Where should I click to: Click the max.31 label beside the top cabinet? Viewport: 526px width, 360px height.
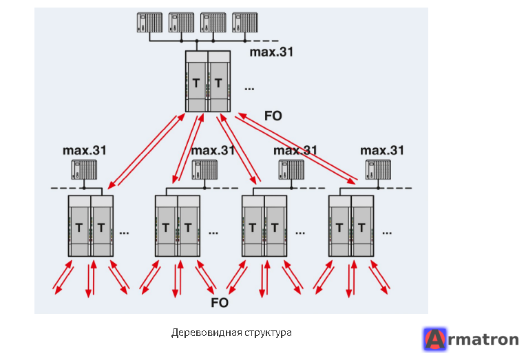(271, 52)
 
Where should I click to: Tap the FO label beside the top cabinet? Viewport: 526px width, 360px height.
(273, 116)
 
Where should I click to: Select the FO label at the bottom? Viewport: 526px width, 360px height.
(220, 303)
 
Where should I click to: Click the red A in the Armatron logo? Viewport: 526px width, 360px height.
(435, 339)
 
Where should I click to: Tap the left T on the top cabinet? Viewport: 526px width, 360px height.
(196, 83)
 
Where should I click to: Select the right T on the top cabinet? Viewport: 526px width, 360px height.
(218, 83)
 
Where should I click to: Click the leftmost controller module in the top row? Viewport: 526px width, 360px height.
(149, 23)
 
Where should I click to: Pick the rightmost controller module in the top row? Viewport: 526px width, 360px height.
(245, 23)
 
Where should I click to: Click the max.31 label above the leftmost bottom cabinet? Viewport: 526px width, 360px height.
(85, 150)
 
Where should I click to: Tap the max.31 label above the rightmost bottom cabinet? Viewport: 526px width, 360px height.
(382, 150)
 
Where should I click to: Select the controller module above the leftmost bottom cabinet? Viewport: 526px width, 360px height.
(84, 170)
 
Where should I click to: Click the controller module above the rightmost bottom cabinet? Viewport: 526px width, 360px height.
(378, 170)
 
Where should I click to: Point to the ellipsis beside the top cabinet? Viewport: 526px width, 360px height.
(249, 89)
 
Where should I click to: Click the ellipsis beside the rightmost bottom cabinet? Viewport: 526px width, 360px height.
(387, 233)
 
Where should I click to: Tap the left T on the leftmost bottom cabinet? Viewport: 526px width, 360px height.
(79, 228)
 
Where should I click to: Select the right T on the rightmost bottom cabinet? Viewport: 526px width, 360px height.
(361, 228)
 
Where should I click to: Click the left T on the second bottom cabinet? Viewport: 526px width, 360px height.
(166, 228)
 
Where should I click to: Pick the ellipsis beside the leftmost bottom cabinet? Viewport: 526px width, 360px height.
(124, 233)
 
